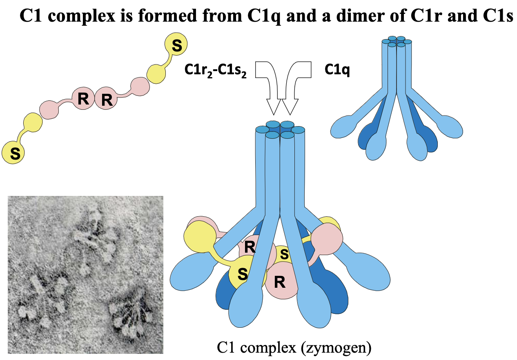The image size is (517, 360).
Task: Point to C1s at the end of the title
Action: click(x=496, y=17)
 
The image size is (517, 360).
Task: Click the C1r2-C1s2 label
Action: click(x=216, y=70)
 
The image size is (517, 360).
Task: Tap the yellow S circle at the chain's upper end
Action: click(x=176, y=45)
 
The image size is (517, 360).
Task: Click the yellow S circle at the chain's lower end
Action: click(x=13, y=153)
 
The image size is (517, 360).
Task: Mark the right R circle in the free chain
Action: click(x=106, y=99)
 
